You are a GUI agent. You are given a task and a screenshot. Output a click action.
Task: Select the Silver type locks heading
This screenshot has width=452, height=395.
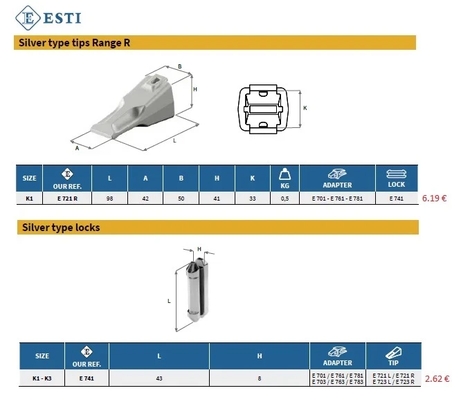(61, 227)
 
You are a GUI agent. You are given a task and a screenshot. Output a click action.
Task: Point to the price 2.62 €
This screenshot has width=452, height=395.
(436, 378)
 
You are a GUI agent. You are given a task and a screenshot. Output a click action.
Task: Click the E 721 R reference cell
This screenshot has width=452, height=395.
(67, 198)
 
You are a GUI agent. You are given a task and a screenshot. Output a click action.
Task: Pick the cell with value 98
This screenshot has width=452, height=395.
(109, 198)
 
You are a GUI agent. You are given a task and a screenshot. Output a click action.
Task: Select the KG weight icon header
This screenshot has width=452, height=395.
(284, 178)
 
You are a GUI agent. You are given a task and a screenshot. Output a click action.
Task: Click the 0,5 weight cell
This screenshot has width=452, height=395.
(284, 198)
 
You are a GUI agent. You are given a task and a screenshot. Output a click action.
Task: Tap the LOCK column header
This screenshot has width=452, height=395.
(397, 178)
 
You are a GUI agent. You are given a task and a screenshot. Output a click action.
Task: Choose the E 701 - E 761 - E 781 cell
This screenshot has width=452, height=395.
(337, 198)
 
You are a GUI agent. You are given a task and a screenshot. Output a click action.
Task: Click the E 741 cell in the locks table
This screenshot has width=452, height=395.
(87, 378)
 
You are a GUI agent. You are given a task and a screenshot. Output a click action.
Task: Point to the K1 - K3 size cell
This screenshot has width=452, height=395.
(42, 378)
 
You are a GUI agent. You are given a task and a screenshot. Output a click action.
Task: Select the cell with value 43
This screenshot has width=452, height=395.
(159, 378)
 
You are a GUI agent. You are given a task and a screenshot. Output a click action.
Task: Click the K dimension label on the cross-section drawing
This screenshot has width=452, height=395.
(305, 108)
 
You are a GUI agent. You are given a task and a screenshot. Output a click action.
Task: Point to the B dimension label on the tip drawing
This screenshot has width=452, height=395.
(179, 67)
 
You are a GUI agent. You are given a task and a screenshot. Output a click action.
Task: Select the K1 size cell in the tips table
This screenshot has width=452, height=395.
(29, 198)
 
